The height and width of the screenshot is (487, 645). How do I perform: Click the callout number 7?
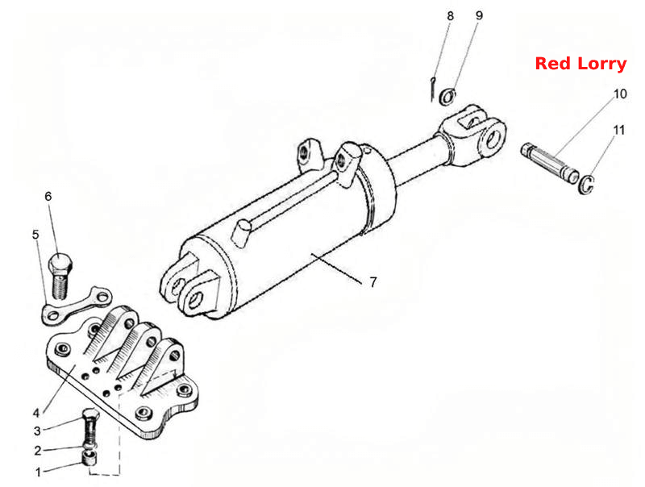[x=372, y=282]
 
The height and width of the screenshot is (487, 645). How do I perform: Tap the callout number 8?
[x=451, y=16]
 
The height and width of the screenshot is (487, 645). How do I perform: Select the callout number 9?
[x=479, y=15]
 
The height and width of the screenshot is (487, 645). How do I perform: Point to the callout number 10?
[x=620, y=94]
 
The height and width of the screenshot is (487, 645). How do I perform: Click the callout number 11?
[x=618, y=130]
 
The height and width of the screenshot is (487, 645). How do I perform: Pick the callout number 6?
[x=48, y=196]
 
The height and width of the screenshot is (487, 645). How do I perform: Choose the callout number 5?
[x=35, y=235]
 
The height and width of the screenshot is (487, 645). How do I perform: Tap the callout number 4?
[x=36, y=413]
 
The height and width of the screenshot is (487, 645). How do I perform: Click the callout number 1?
[x=38, y=472]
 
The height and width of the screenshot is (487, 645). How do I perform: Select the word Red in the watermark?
[x=553, y=64]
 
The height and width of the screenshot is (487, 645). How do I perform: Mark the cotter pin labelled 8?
[x=432, y=89]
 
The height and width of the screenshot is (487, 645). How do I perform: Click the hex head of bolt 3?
[x=90, y=414]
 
